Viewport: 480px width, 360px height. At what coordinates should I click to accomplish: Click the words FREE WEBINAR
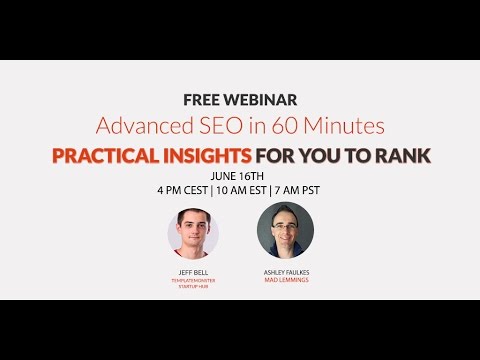coord(240,99)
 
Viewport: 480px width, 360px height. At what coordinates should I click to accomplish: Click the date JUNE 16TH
coord(240,175)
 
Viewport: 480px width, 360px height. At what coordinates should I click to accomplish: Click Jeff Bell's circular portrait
coord(193,233)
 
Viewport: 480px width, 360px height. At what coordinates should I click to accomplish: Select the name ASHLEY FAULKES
coord(286,272)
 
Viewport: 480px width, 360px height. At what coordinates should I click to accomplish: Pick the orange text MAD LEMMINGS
coord(286,281)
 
